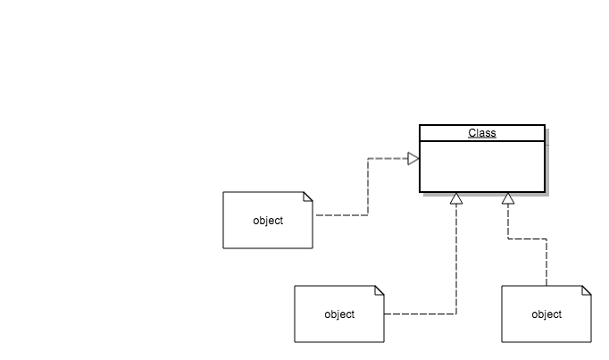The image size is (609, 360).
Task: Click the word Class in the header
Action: [x=482, y=133]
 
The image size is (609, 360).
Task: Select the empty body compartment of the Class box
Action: [x=482, y=167]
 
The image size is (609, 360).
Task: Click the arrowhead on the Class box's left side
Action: [x=413, y=159]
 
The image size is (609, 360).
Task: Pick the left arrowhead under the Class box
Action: [x=456, y=198]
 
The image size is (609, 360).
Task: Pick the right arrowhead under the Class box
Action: [x=508, y=198]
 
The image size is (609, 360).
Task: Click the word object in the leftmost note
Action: [x=268, y=221]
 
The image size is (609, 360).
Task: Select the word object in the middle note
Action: [x=339, y=314]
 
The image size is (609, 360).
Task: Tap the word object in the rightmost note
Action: [x=546, y=314]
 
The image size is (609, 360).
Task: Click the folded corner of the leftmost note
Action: [x=308, y=197]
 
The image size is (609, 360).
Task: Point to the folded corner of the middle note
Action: [x=380, y=290]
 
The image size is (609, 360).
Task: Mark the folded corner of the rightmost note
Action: [x=587, y=290]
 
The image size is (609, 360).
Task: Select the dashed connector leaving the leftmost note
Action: [x=341, y=215]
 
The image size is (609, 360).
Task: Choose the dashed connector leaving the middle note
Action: [x=420, y=314]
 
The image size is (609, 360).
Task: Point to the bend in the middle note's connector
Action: [x=456, y=314]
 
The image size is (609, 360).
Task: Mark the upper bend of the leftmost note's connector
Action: [x=368, y=159]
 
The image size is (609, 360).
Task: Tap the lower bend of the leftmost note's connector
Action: [x=368, y=215]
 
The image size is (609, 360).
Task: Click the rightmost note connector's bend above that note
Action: [x=546, y=239]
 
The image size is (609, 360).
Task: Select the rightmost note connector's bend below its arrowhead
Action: [x=508, y=239]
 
